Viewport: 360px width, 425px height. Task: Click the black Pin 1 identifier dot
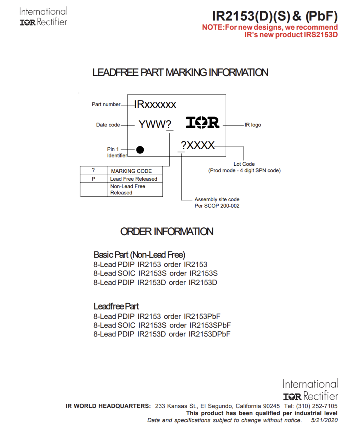tap(140, 150)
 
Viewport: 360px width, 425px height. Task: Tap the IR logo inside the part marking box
tap(203, 123)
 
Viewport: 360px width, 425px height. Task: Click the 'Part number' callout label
tap(106, 104)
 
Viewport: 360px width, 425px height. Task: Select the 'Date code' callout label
tap(108, 125)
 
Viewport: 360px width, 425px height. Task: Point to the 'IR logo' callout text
tap(253, 125)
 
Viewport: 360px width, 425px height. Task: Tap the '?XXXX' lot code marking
tap(198, 145)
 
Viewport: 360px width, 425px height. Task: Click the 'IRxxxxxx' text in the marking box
tap(155, 104)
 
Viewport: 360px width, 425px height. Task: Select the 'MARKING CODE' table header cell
tap(131, 171)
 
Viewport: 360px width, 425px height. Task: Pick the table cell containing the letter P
tap(93, 179)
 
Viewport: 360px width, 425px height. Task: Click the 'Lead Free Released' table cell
tap(133, 179)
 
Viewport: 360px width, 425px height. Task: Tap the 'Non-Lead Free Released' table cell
tap(127, 189)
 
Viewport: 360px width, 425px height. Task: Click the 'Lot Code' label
tap(244, 164)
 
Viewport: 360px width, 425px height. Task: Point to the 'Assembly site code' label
tap(217, 200)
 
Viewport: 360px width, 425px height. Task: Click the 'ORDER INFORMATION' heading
tap(167, 232)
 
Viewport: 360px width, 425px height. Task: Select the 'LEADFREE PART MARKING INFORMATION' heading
tap(180, 73)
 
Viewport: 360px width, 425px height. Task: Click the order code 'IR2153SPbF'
tap(210, 325)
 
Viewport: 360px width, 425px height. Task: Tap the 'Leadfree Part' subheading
tap(116, 306)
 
